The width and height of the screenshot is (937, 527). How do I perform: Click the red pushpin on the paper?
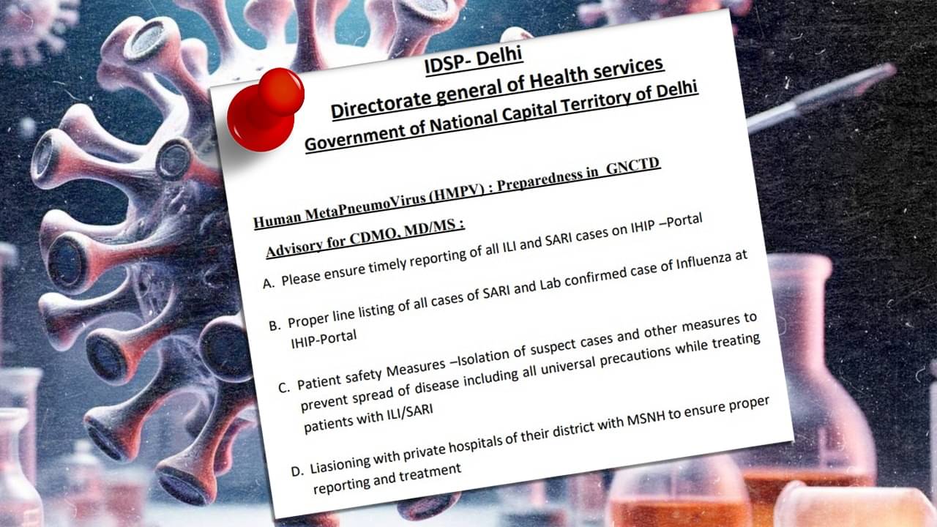click(265, 110)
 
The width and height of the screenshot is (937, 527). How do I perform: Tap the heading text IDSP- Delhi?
click(474, 61)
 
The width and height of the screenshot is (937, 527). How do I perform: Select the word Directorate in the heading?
click(381, 102)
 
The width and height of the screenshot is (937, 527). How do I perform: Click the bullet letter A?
click(268, 284)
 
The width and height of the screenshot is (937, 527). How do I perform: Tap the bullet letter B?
click(275, 326)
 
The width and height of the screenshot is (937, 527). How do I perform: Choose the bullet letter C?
click(283, 388)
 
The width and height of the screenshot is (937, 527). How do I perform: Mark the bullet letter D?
click(296, 471)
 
